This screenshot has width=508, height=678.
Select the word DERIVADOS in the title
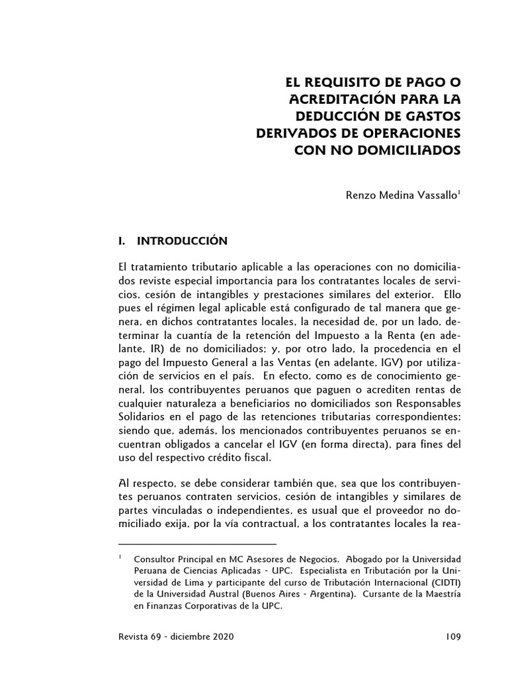291,132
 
